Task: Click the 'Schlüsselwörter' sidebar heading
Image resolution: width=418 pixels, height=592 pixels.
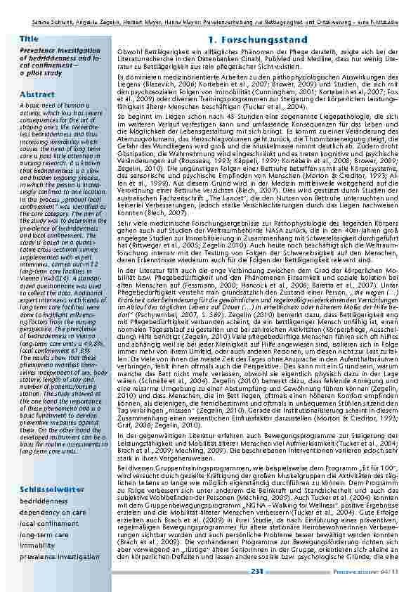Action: pyautogui.click(x=53, y=489)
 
